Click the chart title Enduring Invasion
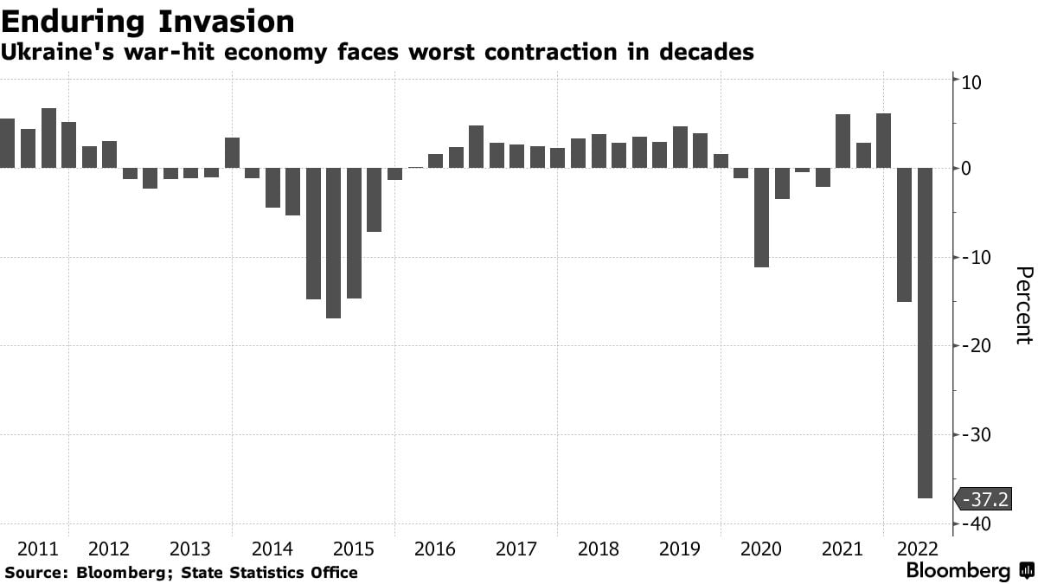point(147,21)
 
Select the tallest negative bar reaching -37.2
point(924,333)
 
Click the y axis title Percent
point(1023,305)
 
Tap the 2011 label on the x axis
point(38,549)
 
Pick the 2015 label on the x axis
point(353,549)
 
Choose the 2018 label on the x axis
point(598,549)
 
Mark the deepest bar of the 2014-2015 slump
point(333,243)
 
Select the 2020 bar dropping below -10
point(761,218)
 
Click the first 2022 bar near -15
point(904,235)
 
